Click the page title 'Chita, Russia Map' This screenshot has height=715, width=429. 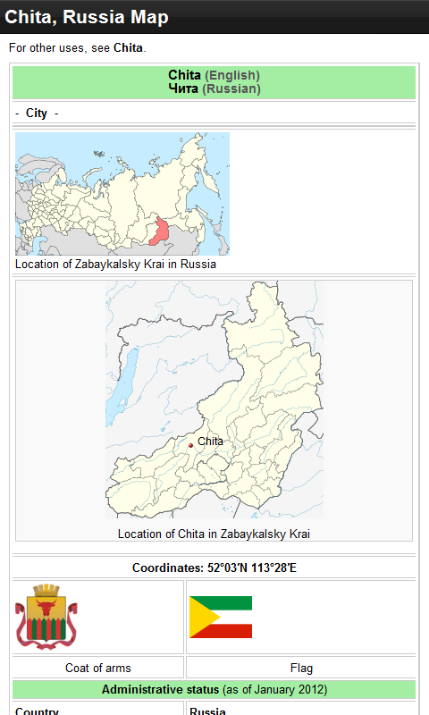(87, 17)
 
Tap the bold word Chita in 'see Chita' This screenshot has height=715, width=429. (128, 47)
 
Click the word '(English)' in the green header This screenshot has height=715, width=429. (232, 75)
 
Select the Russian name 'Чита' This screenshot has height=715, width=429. (183, 88)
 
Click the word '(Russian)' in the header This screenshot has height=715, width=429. (231, 88)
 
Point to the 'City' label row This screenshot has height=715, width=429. (37, 114)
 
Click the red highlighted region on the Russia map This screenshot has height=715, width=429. (161, 231)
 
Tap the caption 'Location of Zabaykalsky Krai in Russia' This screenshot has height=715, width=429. (115, 264)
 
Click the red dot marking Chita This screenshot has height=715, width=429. (190, 445)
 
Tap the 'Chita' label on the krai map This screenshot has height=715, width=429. (210, 442)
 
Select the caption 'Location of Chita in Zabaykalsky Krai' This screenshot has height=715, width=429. (214, 534)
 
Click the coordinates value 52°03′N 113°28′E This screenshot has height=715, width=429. (251, 568)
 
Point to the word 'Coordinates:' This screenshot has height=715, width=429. (168, 568)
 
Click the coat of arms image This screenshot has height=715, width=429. (46, 616)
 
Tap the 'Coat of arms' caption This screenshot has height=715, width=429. (98, 668)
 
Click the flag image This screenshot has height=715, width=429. (221, 617)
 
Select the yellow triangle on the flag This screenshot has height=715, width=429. (198, 617)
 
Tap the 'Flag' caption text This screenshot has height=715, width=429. (301, 668)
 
